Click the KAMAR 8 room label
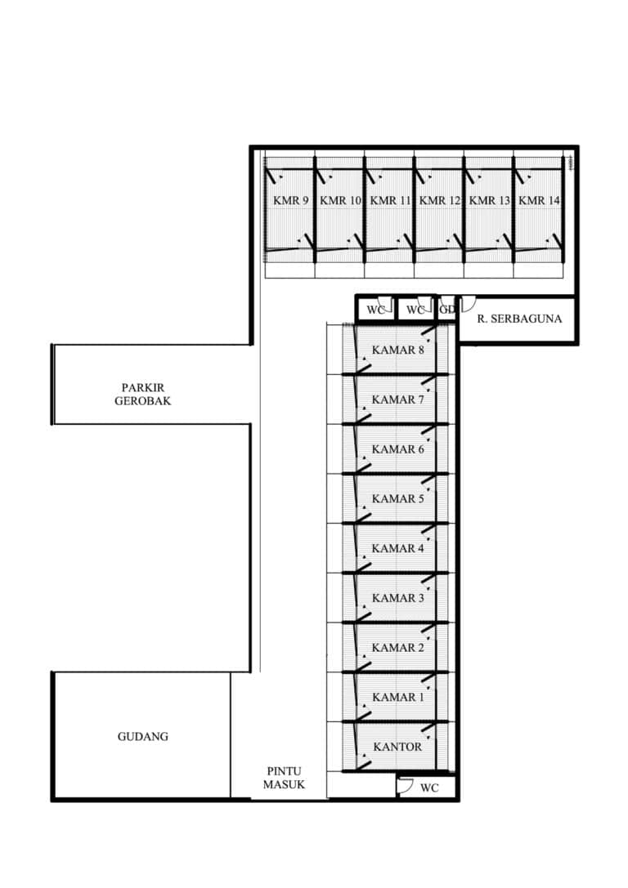(397, 350)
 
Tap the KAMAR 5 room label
(397, 499)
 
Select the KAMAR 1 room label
(397, 697)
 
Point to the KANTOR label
(397, 747)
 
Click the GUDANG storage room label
(143, 737)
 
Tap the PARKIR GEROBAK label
(143, 394)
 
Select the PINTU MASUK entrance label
(284, 779)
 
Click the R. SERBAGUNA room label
(519, 319)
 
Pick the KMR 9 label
(291, 200)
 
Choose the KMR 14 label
(539, 200)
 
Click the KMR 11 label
(390, 200)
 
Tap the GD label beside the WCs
(447, 310)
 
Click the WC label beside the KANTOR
(429, 788)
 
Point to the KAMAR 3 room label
(397, 598)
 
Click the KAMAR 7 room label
(397, 399)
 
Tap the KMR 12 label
(440, 200)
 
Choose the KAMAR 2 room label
(397, 648)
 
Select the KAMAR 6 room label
(397, 449)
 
